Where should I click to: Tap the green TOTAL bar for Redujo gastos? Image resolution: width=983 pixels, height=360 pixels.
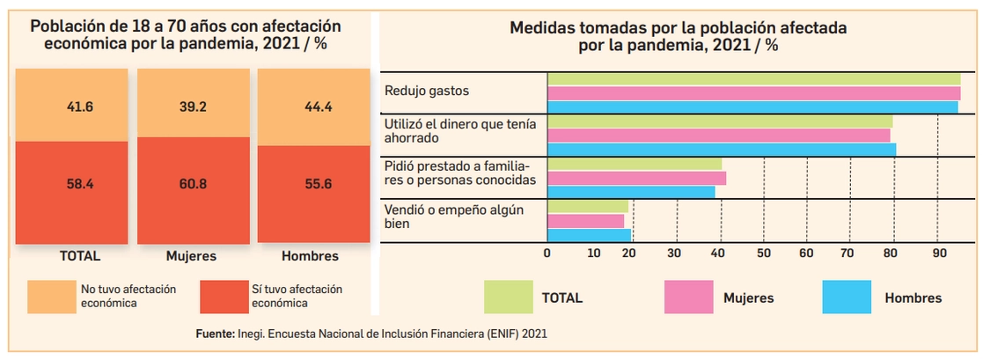[753, 79]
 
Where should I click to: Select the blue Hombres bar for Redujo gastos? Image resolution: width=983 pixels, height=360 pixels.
[752, 107]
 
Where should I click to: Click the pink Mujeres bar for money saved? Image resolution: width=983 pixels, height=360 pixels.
[718, 136]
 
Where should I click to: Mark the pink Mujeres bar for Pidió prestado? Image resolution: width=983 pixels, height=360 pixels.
[636, 178]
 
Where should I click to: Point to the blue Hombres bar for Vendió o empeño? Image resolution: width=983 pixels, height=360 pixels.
[589, 235]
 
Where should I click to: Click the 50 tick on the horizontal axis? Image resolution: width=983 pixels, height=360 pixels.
[764, 253]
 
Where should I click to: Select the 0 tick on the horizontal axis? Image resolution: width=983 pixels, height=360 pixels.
[547, 253]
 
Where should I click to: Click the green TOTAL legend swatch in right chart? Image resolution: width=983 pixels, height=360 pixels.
[508, 298]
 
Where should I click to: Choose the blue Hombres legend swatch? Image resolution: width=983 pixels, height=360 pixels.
[846, 298]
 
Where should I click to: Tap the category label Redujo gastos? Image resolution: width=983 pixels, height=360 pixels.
[427, 91]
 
